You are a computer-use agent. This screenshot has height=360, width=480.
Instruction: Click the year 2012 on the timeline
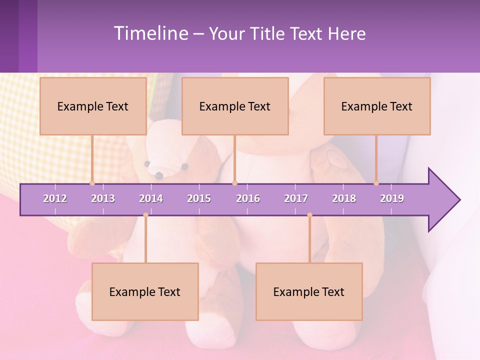point(55,198)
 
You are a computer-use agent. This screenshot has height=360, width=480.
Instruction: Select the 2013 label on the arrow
point(103,198)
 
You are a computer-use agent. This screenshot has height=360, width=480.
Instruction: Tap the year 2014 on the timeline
point(151,198)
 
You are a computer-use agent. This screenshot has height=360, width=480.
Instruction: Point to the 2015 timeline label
point(199,198)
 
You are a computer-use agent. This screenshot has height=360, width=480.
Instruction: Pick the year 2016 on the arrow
point(248,198)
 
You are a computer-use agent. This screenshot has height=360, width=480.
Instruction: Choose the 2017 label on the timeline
point(296,198)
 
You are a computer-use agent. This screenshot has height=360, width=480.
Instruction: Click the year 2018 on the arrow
point(344,198)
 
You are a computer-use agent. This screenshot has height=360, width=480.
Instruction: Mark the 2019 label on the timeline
point(392,198)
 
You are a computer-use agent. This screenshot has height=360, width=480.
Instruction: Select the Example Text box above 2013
point(93,106)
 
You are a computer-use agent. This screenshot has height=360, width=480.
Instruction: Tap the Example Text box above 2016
point(235,106)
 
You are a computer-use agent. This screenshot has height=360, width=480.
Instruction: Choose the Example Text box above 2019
point(377,106)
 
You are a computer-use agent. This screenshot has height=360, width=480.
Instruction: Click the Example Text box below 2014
point(145,292)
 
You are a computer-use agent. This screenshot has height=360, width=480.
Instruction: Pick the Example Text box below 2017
point(309,292)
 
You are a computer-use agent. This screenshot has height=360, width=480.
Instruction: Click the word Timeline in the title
point(150,33)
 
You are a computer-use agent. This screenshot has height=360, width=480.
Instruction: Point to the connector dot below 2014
point(145,215)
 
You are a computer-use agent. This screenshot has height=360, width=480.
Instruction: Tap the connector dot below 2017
point(309,215)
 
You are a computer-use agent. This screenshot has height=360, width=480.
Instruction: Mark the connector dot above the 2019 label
point(376,183)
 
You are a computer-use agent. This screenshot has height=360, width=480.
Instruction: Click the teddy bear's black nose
point(159,175)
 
